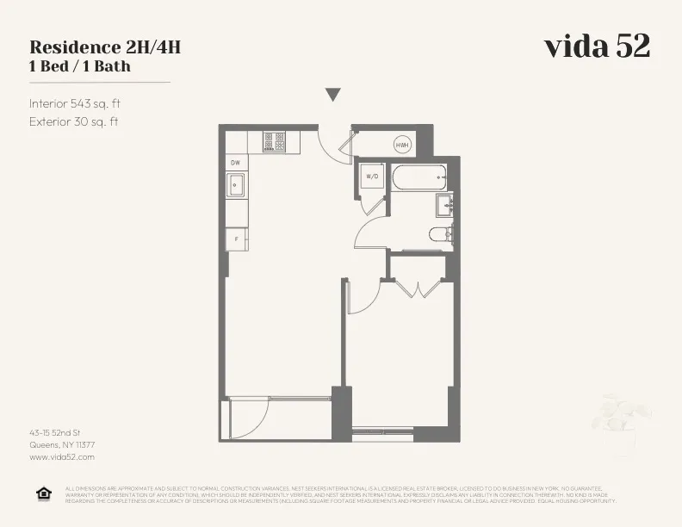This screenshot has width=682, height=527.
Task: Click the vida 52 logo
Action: pyautogui.click(x=596, y=46)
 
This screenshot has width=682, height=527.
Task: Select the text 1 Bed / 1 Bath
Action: pyautogui.click(x=79, y=65)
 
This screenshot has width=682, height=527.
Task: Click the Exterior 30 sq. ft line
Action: pyautogui.click(x=73, y=121)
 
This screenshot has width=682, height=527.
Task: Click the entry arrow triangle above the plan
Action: pyautogui.click(x=333, y=95)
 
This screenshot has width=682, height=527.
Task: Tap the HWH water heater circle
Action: pyautogui.click(x=402, y=146)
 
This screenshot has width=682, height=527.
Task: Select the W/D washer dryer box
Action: pyautogui.click(x=373, y=177)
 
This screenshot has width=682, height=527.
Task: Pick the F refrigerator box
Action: pyautogui.click(x=236, y=239)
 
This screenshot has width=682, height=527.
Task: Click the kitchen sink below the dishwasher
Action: pyautogui.click(x=236, y=185)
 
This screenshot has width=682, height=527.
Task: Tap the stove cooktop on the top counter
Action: pyautogui.click(x=275, y=139)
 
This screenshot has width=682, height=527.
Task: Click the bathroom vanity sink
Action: pyautogui.click(x=444, y=205)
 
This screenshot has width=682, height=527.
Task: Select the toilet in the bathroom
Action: pyautogui.click(x=440, y=233)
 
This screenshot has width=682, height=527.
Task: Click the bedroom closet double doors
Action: pyautogui.click(x=418, y=288)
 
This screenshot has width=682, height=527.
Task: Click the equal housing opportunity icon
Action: pyautogui.click(x=43, y=493)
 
